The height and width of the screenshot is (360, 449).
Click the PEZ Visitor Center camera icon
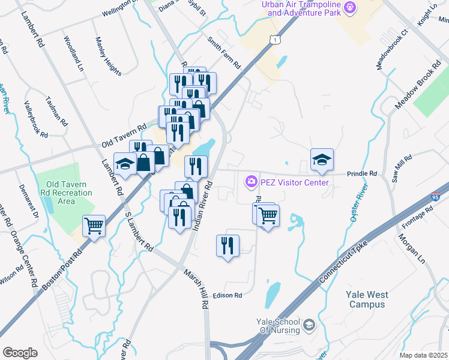coord(251,181)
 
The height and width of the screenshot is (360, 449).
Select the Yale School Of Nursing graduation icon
coord(309,325)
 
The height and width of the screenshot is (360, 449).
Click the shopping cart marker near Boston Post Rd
coord(94,226)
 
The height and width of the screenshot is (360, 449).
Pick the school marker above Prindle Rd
coord(322,159)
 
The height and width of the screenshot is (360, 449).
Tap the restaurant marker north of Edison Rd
coord(228,246)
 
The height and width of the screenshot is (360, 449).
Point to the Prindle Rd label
coord(362,173)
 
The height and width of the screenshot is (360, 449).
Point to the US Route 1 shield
coord(275,39)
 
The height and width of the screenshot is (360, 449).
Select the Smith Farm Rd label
coord(223,53)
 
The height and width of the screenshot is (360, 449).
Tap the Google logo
coord(20,352)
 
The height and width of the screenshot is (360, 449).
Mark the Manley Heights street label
coord(108,57)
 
